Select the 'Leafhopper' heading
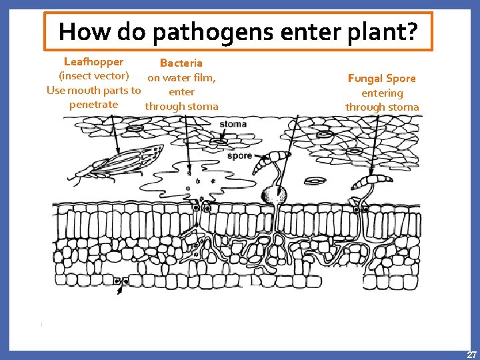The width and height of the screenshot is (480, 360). click(93, 62)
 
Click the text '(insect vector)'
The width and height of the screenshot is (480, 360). click(94, 76)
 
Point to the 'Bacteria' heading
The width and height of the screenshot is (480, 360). click(181, 63)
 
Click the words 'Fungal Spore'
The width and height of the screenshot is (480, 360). click(381, 79)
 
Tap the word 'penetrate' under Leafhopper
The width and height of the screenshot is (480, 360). click(93, 105)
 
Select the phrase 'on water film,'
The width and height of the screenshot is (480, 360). click(181, 78)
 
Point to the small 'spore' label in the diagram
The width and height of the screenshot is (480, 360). click(239, 155)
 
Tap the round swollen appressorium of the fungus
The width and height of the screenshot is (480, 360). click(274, 195)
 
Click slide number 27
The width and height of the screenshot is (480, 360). click(471, 354)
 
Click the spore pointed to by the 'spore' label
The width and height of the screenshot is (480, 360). click(275, 159)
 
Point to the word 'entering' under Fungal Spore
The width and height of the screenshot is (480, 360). click(381, 93)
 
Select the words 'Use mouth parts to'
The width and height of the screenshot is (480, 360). click(93, 91)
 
